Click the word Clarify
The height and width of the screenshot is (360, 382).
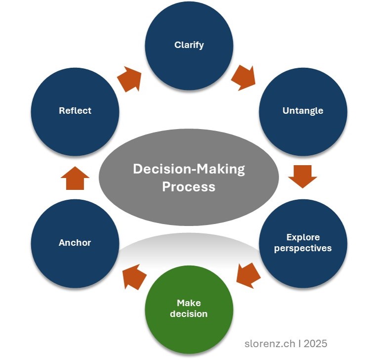click(x=189, y=45)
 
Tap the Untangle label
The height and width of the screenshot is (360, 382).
click(x=302, y=110)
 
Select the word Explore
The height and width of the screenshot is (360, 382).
click(x=302, y=237)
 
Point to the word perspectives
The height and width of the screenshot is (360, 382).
click(x=302, y=248)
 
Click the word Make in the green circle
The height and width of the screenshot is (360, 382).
click(x=189, y=303)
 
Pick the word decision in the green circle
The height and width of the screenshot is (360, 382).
click(x=189, y=314)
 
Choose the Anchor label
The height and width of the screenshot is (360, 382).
click(x=75, y=242)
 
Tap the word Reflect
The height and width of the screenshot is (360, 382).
click(x=75, y=110)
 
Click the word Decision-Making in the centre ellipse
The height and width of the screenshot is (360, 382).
click(x=189, y=169)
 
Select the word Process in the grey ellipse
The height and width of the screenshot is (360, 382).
click(x=189, y=186)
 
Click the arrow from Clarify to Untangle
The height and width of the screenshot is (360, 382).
click(x=243, y=77)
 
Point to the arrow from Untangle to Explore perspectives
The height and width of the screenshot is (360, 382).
click(x=302, y=176)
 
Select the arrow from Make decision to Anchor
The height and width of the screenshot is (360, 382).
click(x=134, y=277)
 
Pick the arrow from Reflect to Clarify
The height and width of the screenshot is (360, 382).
click(x=129, y=78)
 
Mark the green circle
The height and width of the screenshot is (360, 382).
click(x=189, y=326)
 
